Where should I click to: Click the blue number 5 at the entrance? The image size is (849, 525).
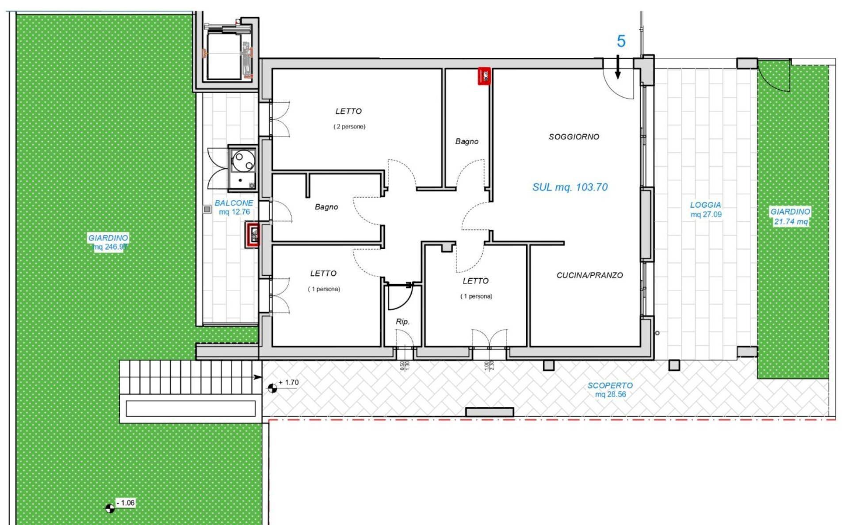coord(621,42)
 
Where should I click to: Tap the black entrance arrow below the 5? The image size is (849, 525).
coord(618,68)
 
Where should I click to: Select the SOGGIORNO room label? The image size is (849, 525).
coord(574,137)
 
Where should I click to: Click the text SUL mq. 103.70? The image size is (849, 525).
coord(570,187)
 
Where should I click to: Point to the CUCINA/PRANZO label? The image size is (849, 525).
coord(589,275)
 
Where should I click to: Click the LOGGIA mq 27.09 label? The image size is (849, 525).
coord(706,209)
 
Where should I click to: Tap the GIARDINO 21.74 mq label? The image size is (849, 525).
coord(790,217)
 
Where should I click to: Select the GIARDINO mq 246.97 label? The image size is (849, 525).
coord(108,242)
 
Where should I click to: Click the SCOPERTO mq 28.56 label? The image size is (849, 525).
coord(610,390)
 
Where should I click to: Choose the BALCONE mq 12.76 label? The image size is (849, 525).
coord(234,207)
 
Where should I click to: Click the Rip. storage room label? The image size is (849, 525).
coord(402,322)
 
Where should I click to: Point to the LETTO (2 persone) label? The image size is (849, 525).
coord(349,118)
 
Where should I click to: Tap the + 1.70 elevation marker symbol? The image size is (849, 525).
coord(272,388)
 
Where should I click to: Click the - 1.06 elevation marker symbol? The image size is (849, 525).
coord(110,508)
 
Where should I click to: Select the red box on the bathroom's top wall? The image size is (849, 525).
coord(484,76)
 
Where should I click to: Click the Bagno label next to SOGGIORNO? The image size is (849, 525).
coord(467,141)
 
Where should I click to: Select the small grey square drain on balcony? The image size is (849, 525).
coord(207,209)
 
